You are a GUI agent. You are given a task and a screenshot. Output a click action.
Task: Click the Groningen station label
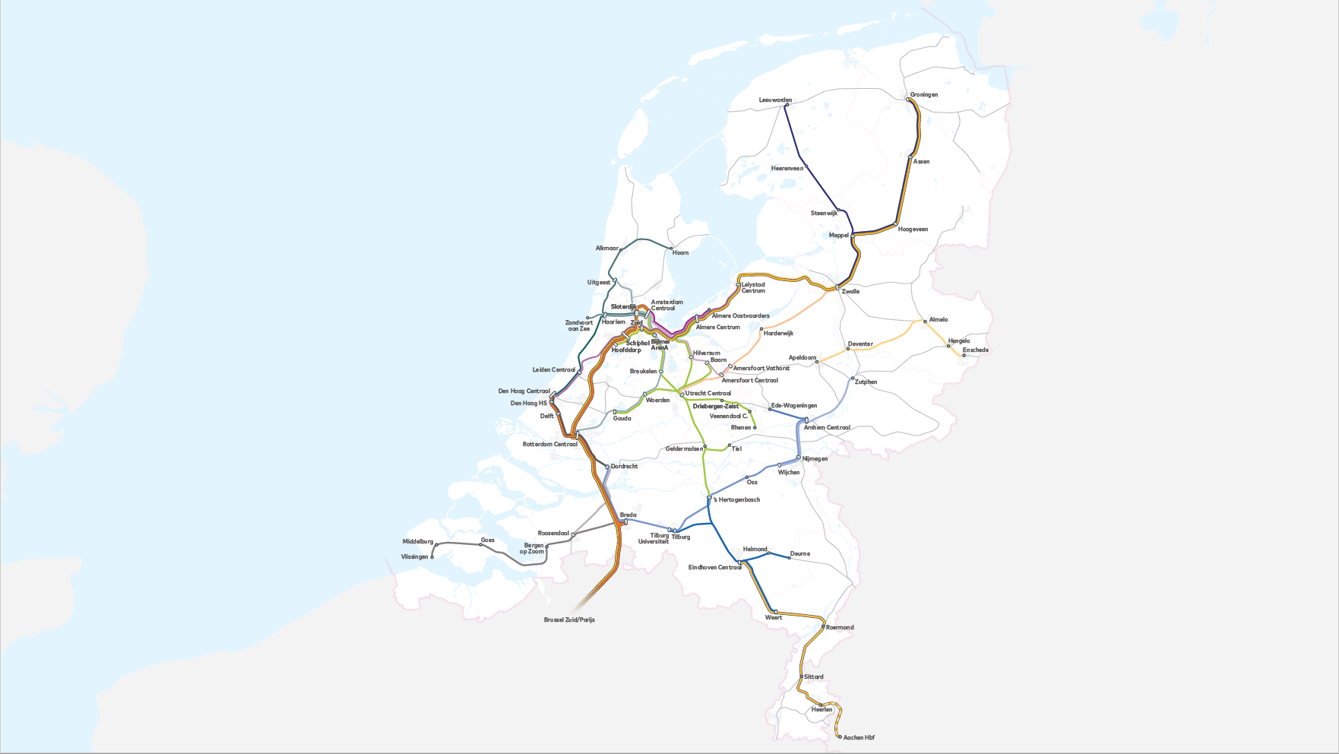pos(923,95)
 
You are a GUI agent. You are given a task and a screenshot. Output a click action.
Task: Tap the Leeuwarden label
pos(775,100)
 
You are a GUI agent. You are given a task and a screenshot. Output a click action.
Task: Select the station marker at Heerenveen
pos(806,168)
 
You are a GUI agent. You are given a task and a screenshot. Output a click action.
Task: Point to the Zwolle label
pos(850,292)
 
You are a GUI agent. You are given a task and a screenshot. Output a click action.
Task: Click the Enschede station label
pos(975,350)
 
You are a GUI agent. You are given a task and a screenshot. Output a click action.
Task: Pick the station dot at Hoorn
pos(671,249)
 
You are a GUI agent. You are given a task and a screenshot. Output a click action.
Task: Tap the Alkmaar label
pos(606,249)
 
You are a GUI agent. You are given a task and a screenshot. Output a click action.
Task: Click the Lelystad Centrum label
pos(753,288)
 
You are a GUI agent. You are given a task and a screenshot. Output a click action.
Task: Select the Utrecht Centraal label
pos(707,394)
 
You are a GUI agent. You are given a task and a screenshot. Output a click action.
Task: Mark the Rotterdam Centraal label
pos(549,445)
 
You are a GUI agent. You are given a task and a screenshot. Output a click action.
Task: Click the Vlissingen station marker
pos(432,557)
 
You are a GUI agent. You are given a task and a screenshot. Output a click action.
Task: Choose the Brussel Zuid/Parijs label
pos(569,620)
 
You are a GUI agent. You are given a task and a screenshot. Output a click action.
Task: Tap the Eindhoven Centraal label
pos(714,568)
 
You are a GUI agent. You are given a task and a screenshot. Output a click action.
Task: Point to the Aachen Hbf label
pos(859,738)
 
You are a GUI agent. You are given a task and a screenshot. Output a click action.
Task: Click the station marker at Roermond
pos(823,627)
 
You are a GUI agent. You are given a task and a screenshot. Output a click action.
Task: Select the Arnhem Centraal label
pos(827,428)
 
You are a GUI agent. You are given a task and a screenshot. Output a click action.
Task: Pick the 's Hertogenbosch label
pos(736,500)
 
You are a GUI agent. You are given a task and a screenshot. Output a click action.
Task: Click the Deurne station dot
pos(789,558)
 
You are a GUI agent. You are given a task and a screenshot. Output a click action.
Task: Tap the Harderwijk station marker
pos(761,329)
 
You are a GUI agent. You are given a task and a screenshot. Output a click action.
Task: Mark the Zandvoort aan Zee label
pos(578,326)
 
